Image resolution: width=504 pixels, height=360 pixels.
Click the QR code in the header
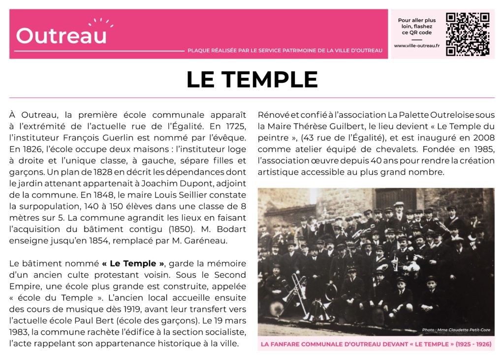467,34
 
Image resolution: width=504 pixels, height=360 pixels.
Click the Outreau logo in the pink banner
62,35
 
